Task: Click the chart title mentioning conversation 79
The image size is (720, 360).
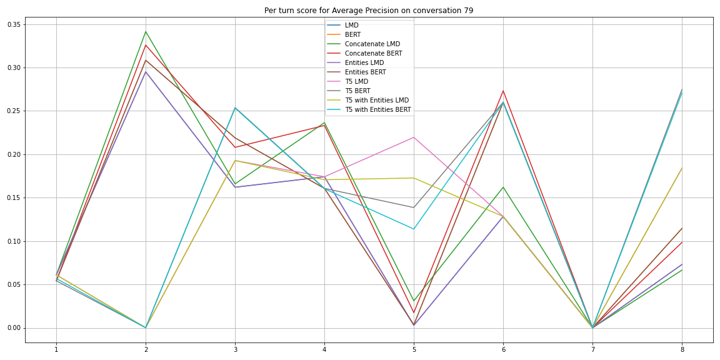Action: [368, 11]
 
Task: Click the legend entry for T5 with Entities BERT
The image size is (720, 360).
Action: [377, 110]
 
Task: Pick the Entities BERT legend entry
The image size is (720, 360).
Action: [365, 72]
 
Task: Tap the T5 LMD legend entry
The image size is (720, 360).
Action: [356, 82]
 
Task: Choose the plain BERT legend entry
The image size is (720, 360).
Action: [352, 35]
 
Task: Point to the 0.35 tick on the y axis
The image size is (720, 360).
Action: [12, 24]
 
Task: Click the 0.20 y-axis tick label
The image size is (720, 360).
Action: [12, 154]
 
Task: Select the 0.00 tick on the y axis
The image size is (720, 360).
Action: [12, 328]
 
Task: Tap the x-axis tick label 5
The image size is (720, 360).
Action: [414, 349]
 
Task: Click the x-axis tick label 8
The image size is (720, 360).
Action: [682, 349]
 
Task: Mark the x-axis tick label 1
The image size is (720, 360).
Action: [56, 349]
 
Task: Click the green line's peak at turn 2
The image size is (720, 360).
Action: [146, 31]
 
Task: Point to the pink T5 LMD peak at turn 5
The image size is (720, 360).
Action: [414, 137]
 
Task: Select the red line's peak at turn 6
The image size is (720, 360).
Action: [503, 91]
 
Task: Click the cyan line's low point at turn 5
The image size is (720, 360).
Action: [414, 229]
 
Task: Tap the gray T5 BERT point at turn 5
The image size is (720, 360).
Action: [414, 207]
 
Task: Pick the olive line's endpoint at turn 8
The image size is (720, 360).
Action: [682, 167]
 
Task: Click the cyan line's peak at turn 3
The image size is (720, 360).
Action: [235, 107]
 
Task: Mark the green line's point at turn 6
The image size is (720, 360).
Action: [503, 187]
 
